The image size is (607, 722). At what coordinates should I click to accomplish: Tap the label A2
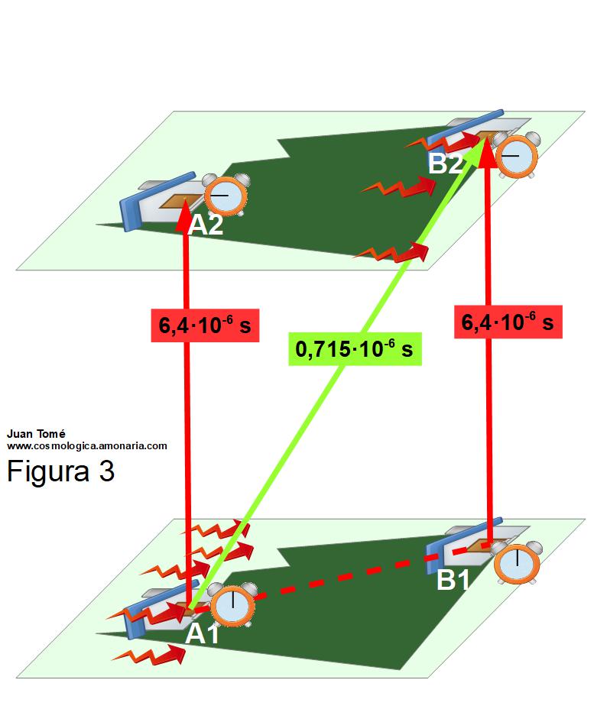[206, 225]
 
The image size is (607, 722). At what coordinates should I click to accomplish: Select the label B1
[453, 581]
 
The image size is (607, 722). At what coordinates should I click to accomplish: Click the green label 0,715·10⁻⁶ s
[354, 349]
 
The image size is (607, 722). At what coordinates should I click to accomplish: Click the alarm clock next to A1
[232, 604]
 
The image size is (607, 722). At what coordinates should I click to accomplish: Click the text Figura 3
[60, 471]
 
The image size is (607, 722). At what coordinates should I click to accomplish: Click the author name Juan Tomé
[37, 434]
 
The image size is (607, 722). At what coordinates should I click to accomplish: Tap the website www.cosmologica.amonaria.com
[87, 445]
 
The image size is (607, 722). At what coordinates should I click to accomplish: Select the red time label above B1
[508, 322]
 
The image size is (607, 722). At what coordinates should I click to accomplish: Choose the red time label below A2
[205, 325]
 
